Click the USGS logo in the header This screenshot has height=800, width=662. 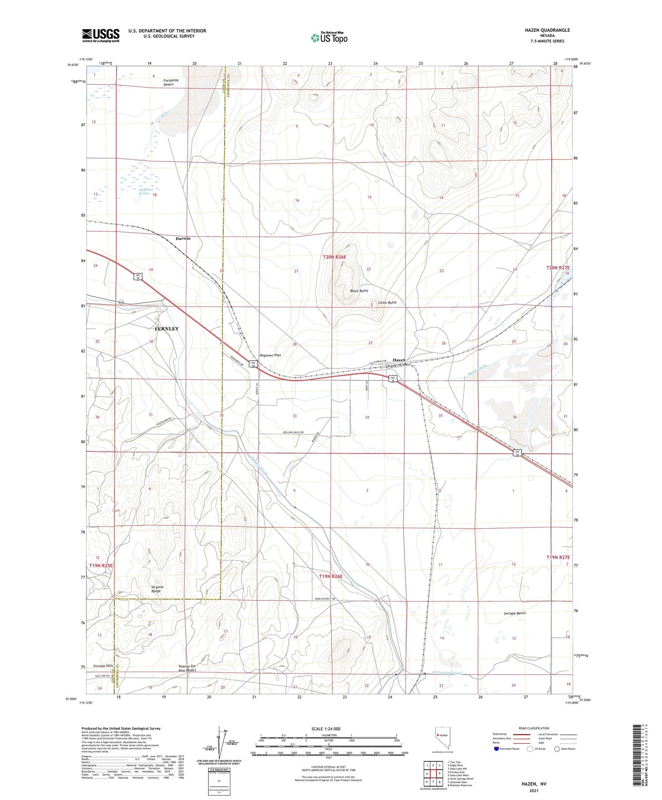[101, 35]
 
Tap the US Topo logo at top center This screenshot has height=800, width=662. [329, 38]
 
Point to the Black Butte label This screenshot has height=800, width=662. [359, 291]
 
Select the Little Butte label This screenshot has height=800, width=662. [387, 302]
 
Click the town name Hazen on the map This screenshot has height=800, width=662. [399, 360]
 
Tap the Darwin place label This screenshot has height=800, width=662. [183, 238]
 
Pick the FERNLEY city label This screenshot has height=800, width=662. [166, 329]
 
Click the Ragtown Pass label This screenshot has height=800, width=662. [270, 355]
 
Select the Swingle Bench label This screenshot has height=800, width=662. [515, 613]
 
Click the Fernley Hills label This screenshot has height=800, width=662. [103, 665]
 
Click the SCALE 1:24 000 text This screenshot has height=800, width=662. [326, 729]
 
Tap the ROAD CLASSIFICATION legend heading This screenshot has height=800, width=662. [533, 728]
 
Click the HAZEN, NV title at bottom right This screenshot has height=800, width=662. [533, 784]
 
